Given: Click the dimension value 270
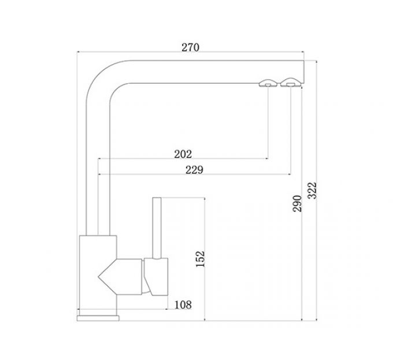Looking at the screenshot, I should point(190,48).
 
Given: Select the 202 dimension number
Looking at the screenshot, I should point(183,154).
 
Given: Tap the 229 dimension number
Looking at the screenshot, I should point(194,169).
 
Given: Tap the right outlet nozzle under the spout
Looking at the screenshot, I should point(289,83).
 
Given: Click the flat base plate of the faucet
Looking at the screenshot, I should point(98,317).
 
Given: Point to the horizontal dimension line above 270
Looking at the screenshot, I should point(190,54).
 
